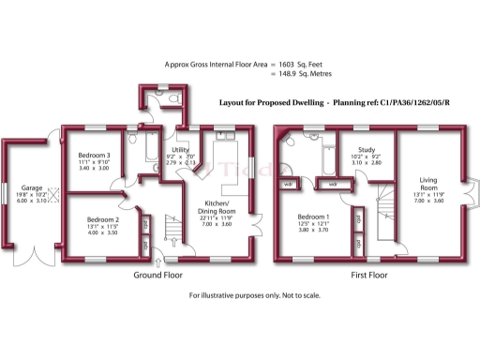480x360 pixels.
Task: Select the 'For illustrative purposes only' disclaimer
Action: [255, 295]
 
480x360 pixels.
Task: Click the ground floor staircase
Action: [173, 229]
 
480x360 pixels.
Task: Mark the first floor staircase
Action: [383, 201]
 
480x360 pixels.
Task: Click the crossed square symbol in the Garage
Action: [53, 196]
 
